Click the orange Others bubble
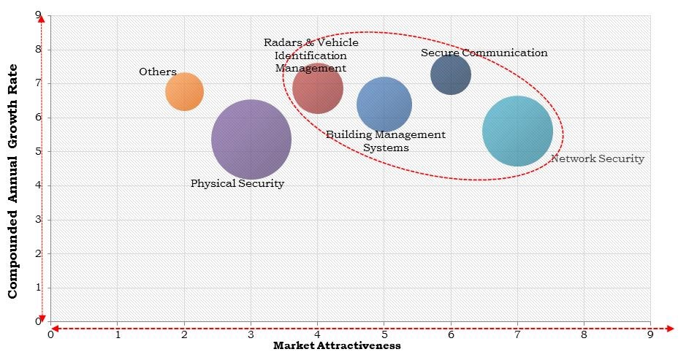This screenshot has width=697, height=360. [184, 91]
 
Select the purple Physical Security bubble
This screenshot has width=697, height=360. [251, 139]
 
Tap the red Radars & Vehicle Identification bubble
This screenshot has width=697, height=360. [318, 88]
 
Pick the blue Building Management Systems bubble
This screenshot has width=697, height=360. [384, 104]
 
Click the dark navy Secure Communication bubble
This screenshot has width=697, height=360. [451, 74]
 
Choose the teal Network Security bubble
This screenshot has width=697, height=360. [517, 131]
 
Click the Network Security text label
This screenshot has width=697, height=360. [597, 158]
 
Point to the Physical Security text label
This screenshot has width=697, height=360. [237, 183]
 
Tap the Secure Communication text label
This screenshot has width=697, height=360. [484, 53]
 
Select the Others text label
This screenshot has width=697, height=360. [158, 72]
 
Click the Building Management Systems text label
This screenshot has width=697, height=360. [385, 141]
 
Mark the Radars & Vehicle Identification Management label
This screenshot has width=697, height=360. [311, 55]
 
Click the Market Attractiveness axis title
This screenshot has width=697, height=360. [337, 346]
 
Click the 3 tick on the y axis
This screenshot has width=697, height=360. [37, 219]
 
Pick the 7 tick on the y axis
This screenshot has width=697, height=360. [37, 83]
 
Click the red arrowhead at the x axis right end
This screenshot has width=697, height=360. [670, 329]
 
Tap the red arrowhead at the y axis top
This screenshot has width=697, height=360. [42, 17]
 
